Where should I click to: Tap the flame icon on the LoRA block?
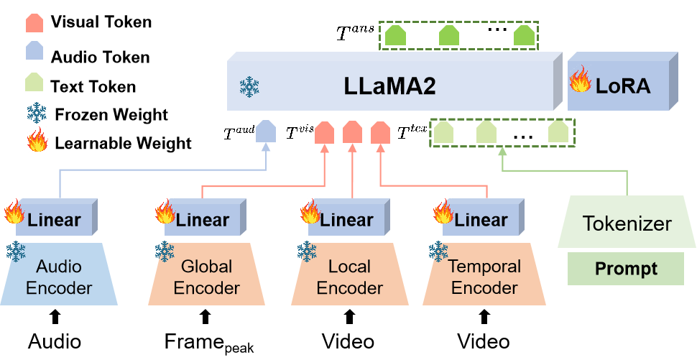(580, 80)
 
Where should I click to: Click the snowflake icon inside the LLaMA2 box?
(249, 87)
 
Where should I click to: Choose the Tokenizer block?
(627, 223)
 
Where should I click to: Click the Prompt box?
(625, 269)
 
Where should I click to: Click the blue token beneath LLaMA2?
(266, 131)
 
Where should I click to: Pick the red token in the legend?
(34, 24)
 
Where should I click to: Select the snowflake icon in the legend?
(36, 112)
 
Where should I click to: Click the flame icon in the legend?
(37, 139)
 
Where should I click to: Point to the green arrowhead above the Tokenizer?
(502, 152)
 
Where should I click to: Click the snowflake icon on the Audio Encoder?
(16, 251)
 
